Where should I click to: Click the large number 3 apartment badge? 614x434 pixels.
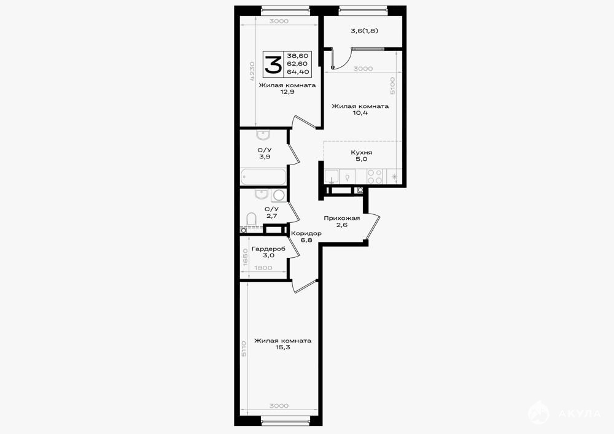point(273,64)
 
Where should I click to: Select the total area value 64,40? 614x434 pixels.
point(298,72)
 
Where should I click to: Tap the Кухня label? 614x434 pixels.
point(362,153)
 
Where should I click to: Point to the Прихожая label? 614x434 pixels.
point(342,218)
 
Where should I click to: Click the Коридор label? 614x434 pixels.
point(306,233)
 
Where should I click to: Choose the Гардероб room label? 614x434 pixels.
point(269,249)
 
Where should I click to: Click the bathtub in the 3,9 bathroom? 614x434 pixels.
point(263,177)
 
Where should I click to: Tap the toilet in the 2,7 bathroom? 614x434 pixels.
point(251,219)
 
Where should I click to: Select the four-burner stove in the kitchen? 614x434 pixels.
point(375,177)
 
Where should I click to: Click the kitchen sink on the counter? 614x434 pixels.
point(332,177)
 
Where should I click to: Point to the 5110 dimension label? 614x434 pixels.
point(244,348)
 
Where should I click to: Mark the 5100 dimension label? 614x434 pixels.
point(393,85)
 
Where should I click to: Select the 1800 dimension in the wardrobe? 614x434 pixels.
point(263,268)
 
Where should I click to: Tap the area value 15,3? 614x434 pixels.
point(282,347)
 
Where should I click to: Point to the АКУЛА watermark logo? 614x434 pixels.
point(565,413)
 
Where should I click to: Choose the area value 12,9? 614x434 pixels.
point(287,92)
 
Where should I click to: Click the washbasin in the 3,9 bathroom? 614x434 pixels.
point(263,135)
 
